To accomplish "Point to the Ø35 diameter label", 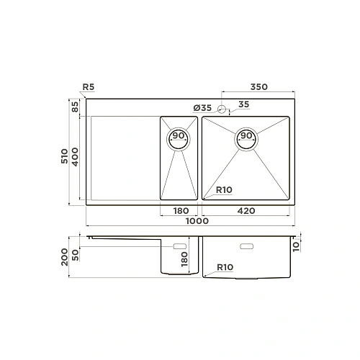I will [x=202, y=107].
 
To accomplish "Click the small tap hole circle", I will [x=222, y=109].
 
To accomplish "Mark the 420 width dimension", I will [x=247, y=212].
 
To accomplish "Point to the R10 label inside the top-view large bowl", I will [x=225, y=191].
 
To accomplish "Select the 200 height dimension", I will [x=66, y=256].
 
